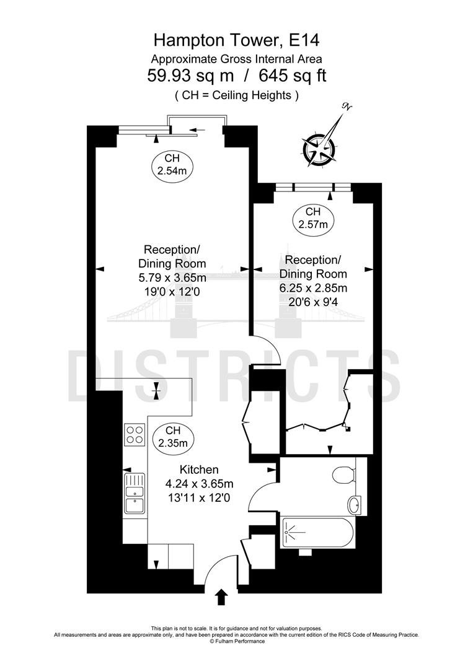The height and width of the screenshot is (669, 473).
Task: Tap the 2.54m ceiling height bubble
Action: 172,165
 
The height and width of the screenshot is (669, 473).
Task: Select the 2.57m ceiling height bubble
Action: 313,217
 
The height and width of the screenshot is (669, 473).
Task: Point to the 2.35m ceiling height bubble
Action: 173,437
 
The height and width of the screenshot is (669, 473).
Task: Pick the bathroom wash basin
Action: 355,505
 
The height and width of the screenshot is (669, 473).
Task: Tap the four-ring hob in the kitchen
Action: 135,434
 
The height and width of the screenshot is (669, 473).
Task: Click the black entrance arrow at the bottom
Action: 221,597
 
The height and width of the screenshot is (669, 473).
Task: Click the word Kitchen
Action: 199,470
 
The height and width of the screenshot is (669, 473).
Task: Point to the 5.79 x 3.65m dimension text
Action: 172,278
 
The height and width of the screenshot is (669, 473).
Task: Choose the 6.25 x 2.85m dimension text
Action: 313,288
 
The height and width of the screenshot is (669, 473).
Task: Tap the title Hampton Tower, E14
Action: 237,40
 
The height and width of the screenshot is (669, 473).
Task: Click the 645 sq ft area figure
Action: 293,76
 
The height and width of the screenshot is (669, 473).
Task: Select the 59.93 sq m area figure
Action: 190,76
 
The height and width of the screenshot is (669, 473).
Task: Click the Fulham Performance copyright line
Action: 237,641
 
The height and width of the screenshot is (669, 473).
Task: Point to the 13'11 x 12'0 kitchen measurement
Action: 199,497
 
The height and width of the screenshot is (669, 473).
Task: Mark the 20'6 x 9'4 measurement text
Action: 313,302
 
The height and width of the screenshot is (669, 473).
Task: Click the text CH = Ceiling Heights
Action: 237,95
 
